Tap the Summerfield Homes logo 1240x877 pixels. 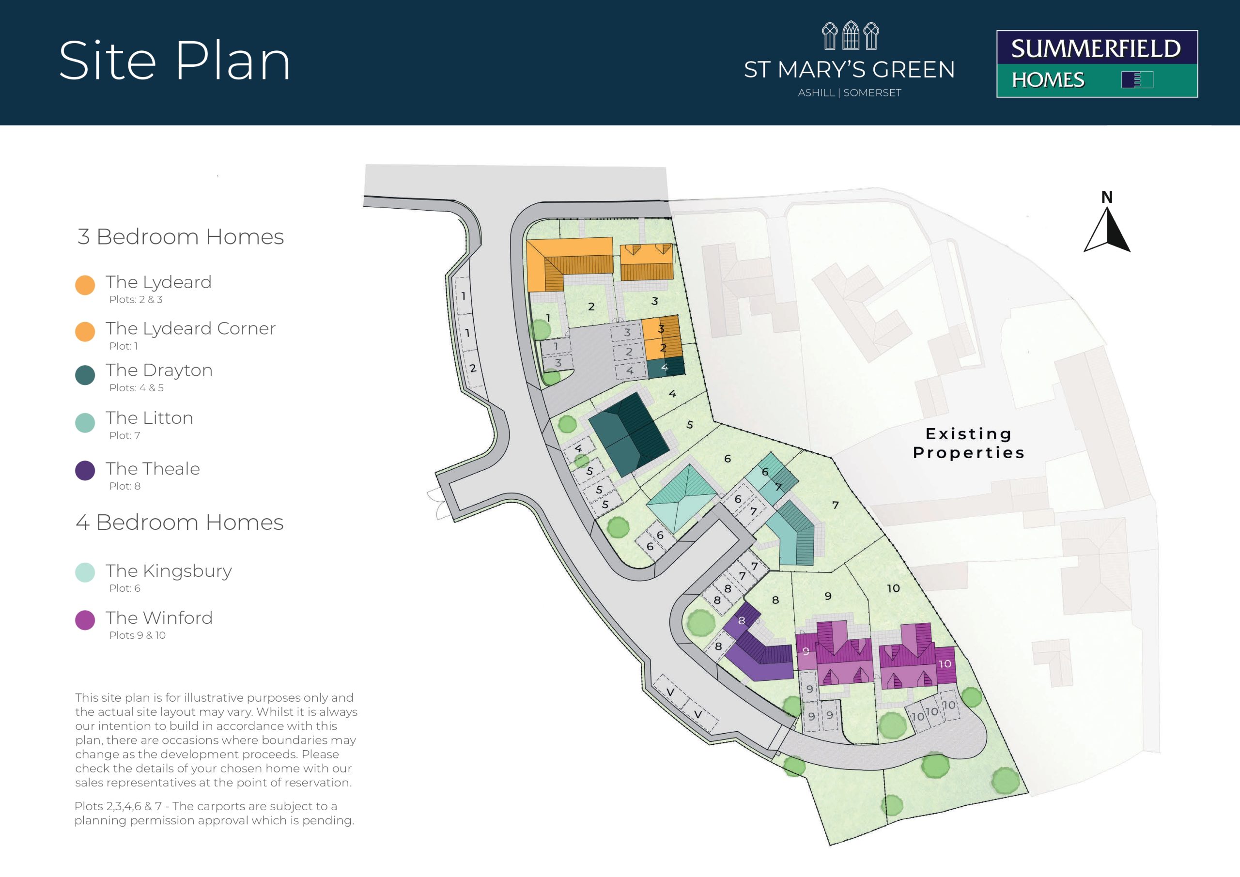tap(1097, 64)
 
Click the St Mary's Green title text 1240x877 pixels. tap(849, 70)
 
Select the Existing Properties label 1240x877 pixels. tap(968, 443)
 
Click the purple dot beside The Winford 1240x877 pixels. tap(85, 620)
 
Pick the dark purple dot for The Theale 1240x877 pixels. tap(85, 470)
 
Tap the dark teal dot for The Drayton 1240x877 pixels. tap(85, 375)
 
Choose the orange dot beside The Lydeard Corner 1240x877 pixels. tap(85, 332)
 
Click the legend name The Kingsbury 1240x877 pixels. tap(169, 571)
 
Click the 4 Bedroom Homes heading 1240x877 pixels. tap(179, 522)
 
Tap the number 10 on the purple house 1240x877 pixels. tap(945, 664)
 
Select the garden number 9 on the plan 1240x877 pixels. tap(828, 596)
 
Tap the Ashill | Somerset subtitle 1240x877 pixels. tap(850, 93)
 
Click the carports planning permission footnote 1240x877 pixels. tap(215, 813)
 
